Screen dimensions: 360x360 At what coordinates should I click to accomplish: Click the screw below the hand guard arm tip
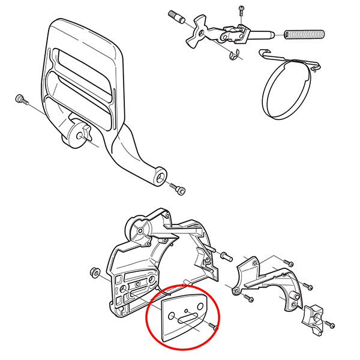179,190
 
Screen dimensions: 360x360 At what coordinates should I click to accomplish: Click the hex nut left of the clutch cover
94,271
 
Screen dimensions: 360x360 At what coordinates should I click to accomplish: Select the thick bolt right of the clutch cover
226,256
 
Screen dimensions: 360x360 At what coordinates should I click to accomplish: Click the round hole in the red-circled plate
173,316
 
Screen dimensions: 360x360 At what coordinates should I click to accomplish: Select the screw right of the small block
331,324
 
